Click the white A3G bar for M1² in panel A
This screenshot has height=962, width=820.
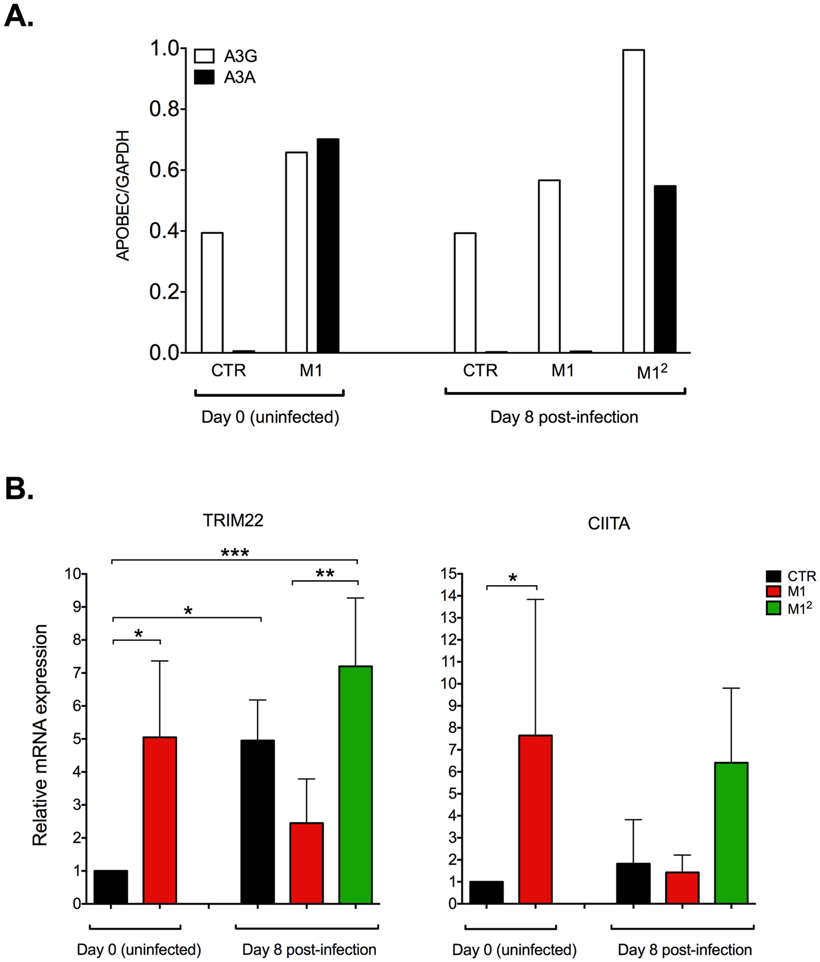[634, 201]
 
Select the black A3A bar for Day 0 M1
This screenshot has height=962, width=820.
[328, 246]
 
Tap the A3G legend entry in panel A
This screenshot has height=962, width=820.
[225, 56]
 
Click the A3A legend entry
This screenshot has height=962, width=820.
[225, 78]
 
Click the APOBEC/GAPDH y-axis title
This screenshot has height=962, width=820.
[123, 195]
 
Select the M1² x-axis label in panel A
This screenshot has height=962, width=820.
[652, 371]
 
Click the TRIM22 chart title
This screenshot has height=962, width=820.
[233, 521]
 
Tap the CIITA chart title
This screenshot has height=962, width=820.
[609, 524]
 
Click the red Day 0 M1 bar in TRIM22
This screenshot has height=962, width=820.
[160, 820]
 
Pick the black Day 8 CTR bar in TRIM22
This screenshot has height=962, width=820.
[258, 822]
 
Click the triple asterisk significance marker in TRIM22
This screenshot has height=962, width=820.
[235, 553]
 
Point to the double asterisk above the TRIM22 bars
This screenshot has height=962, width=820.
[325, 574]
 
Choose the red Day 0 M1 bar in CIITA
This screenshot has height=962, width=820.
[535, 819]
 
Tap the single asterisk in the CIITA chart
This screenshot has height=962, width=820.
[513, 578]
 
